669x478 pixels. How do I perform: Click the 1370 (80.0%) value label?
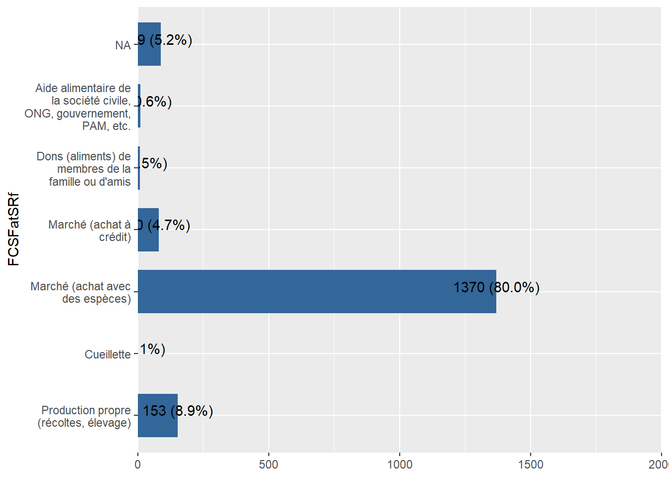(x=496, y=288)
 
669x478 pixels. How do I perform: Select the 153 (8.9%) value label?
(x=178, y=411)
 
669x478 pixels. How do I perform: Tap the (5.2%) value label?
(x=165, y=40)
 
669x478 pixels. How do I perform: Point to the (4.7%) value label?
(x=163, y=226)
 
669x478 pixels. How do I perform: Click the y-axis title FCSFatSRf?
(x=14, y=229)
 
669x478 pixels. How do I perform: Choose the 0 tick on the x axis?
(x=138, y=465)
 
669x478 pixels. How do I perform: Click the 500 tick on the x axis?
(x=269, y=465)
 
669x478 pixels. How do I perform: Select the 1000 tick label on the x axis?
(x=400, y=465)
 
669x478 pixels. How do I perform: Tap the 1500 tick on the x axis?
(x=531, y=465)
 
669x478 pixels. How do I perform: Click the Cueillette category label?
(x=108, y=355)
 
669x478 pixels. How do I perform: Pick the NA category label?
(x=123, y=45)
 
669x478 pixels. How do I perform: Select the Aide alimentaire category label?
(x=80, y=107)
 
